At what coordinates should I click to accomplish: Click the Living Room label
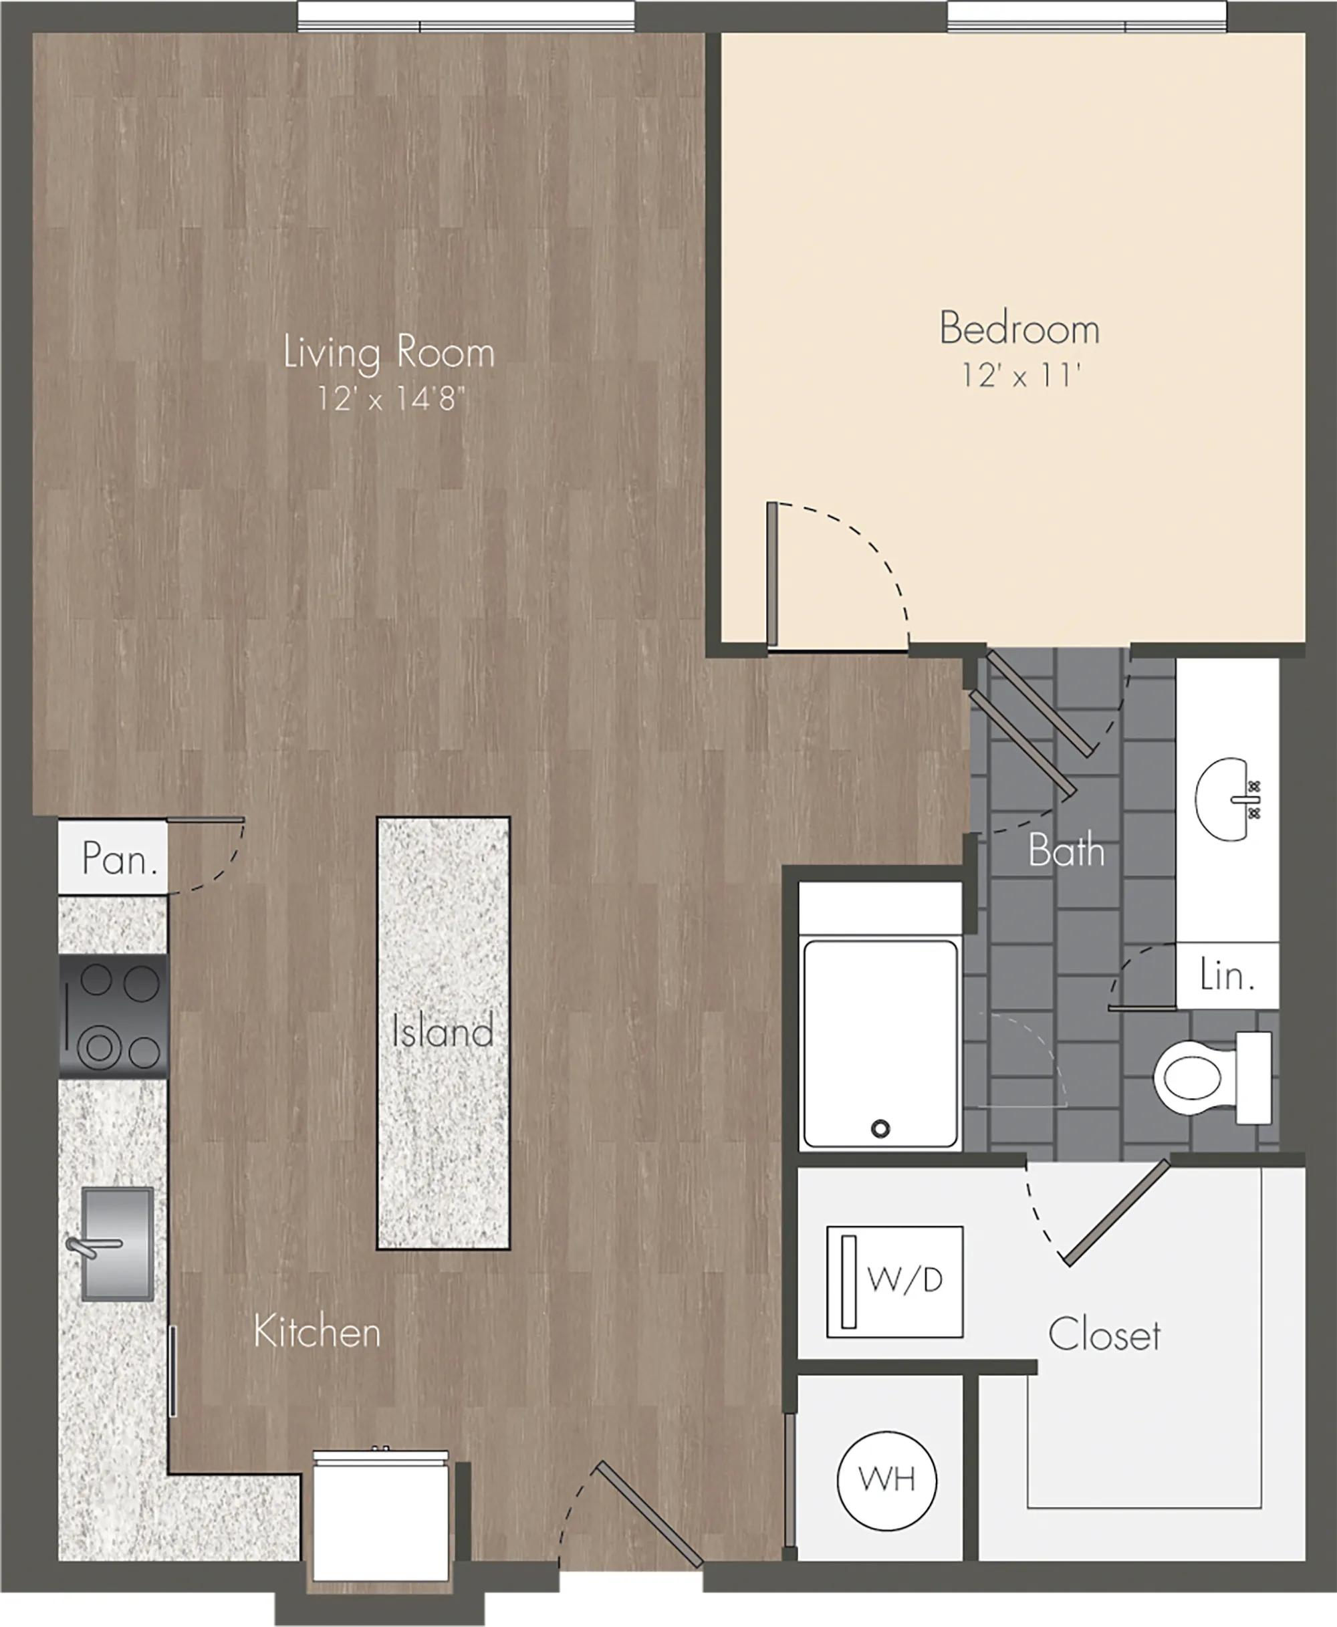pos(389,354)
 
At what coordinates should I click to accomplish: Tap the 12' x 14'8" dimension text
pos(392,398)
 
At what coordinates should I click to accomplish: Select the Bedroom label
pos(1019,328)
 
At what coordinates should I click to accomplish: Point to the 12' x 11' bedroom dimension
pos(1020,375)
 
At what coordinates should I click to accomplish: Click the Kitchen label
pos(318,1332)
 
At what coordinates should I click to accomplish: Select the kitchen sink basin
pos(117,1243)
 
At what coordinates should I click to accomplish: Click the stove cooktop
pos(113,1017)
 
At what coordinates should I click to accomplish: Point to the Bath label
pos(1066,851)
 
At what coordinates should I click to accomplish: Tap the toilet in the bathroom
pos(1211,1078)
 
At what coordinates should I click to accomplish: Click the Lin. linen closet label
pos(1227,975)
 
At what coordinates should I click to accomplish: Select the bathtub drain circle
pos(880,1129)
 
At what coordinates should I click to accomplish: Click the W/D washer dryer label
pos(905,1279)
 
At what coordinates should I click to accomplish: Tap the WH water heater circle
pos(887,1479)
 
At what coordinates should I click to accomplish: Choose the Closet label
pos(1104,1334)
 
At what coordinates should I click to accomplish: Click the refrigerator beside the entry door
pos(380,1515)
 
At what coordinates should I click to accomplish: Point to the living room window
pos(466,16)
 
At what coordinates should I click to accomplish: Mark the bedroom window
pos(1087,16)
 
